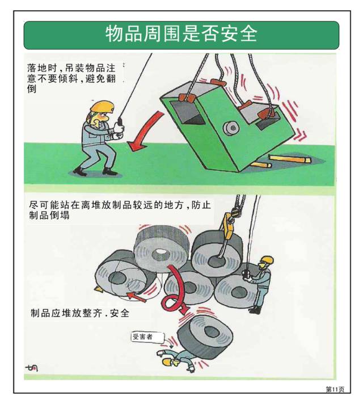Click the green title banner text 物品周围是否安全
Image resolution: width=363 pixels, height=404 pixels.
click(181, 35)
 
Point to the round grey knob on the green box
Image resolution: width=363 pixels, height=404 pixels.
click(230, 127)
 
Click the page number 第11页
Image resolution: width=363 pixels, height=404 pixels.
click(334, 389)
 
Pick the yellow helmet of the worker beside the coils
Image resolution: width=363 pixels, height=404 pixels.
click(267, 260)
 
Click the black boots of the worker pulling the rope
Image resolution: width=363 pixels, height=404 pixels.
click(94, 170)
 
